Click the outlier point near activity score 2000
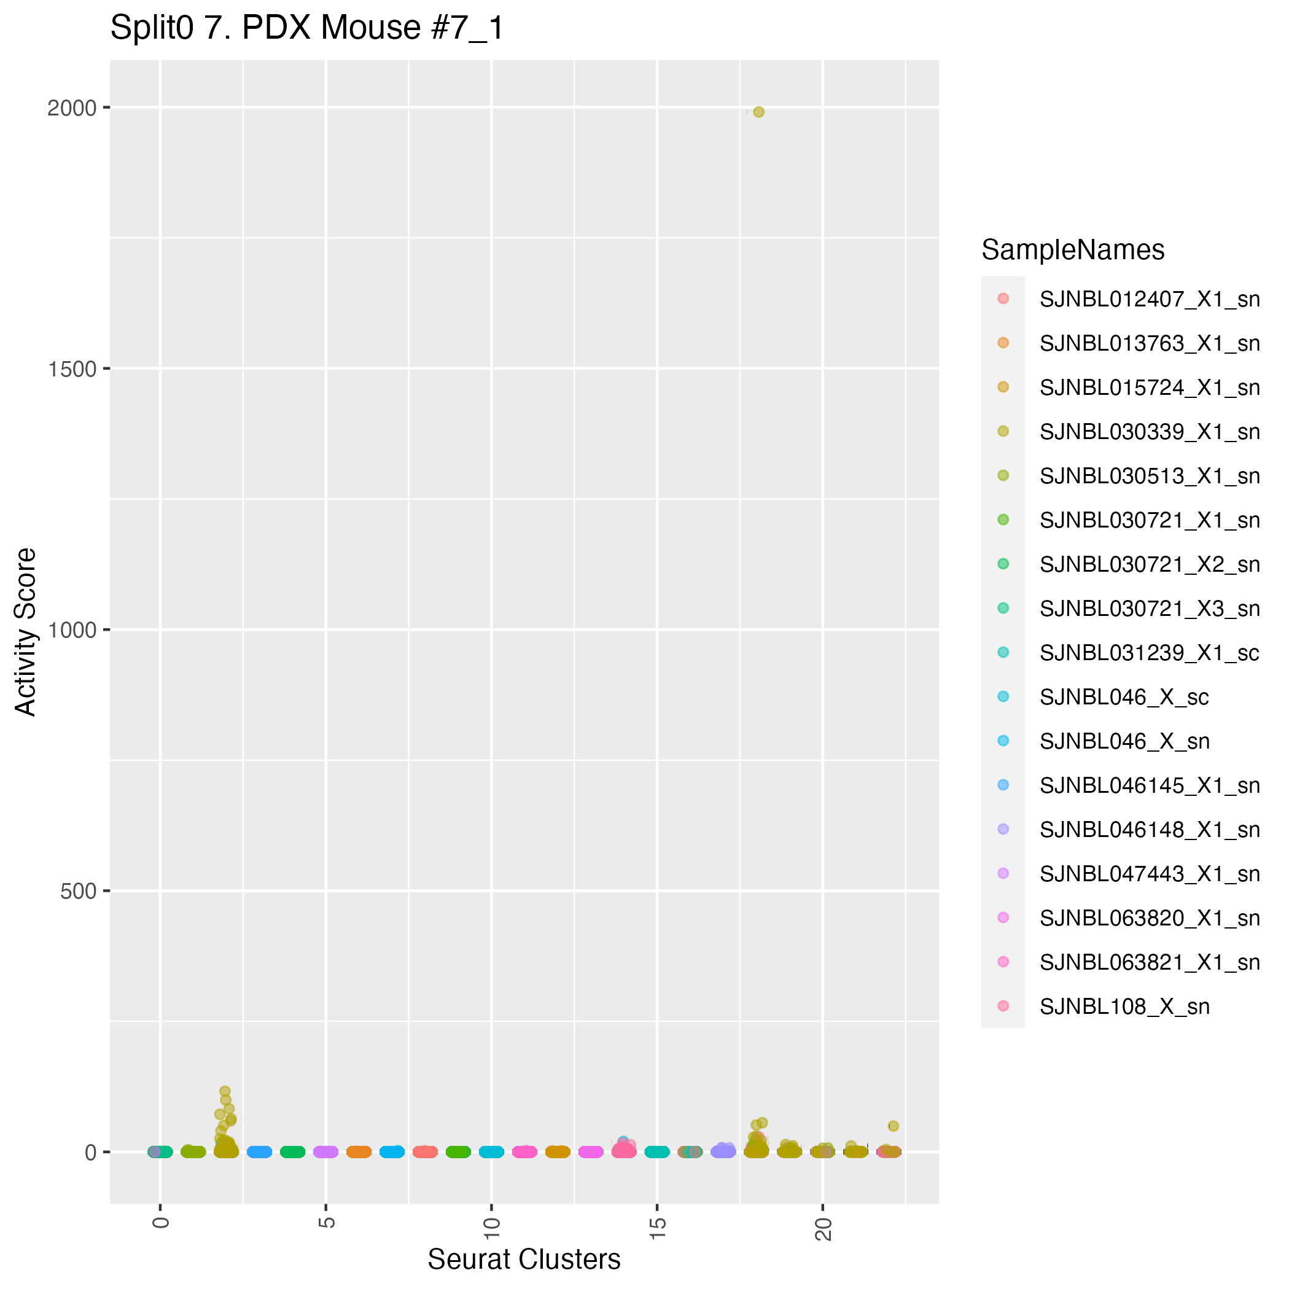(x=758, y=112)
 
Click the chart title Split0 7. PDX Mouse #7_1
(x=307, y=29)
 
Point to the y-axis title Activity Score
(x=26, y=631)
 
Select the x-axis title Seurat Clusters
(x=524, y=1259)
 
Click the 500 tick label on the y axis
(x=78, y=891)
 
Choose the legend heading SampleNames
(x=1073, y=250)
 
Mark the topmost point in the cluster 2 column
(x=225, y=1091)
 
